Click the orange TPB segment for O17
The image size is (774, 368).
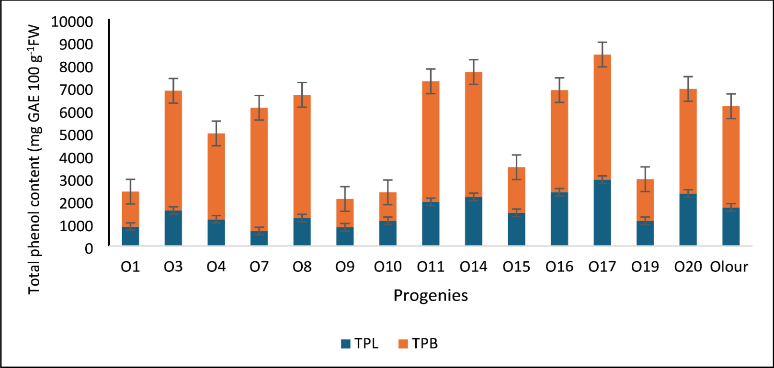[x=602, y=117]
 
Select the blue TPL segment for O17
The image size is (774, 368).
[x=602, y=212]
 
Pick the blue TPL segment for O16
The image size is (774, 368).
[x=559, y=219]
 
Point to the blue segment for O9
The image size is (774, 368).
[x=345, y=236]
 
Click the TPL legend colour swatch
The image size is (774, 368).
[x=346, y=344]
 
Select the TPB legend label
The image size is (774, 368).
[x=425, y=344]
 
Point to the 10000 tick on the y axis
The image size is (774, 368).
[x=72, y=22]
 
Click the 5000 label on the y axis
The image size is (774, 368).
[x=76, y=135]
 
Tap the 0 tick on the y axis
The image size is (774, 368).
[x=89, y=249]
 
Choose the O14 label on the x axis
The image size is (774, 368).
[x=473, y=267]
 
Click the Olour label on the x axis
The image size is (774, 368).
[x=729, y=267]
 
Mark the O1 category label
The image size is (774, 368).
[x=130, y=267]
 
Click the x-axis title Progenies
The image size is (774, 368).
[x=431, y=295]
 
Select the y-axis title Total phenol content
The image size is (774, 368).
[x=34, y=158]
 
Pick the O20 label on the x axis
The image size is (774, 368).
[x=688, y=267]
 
